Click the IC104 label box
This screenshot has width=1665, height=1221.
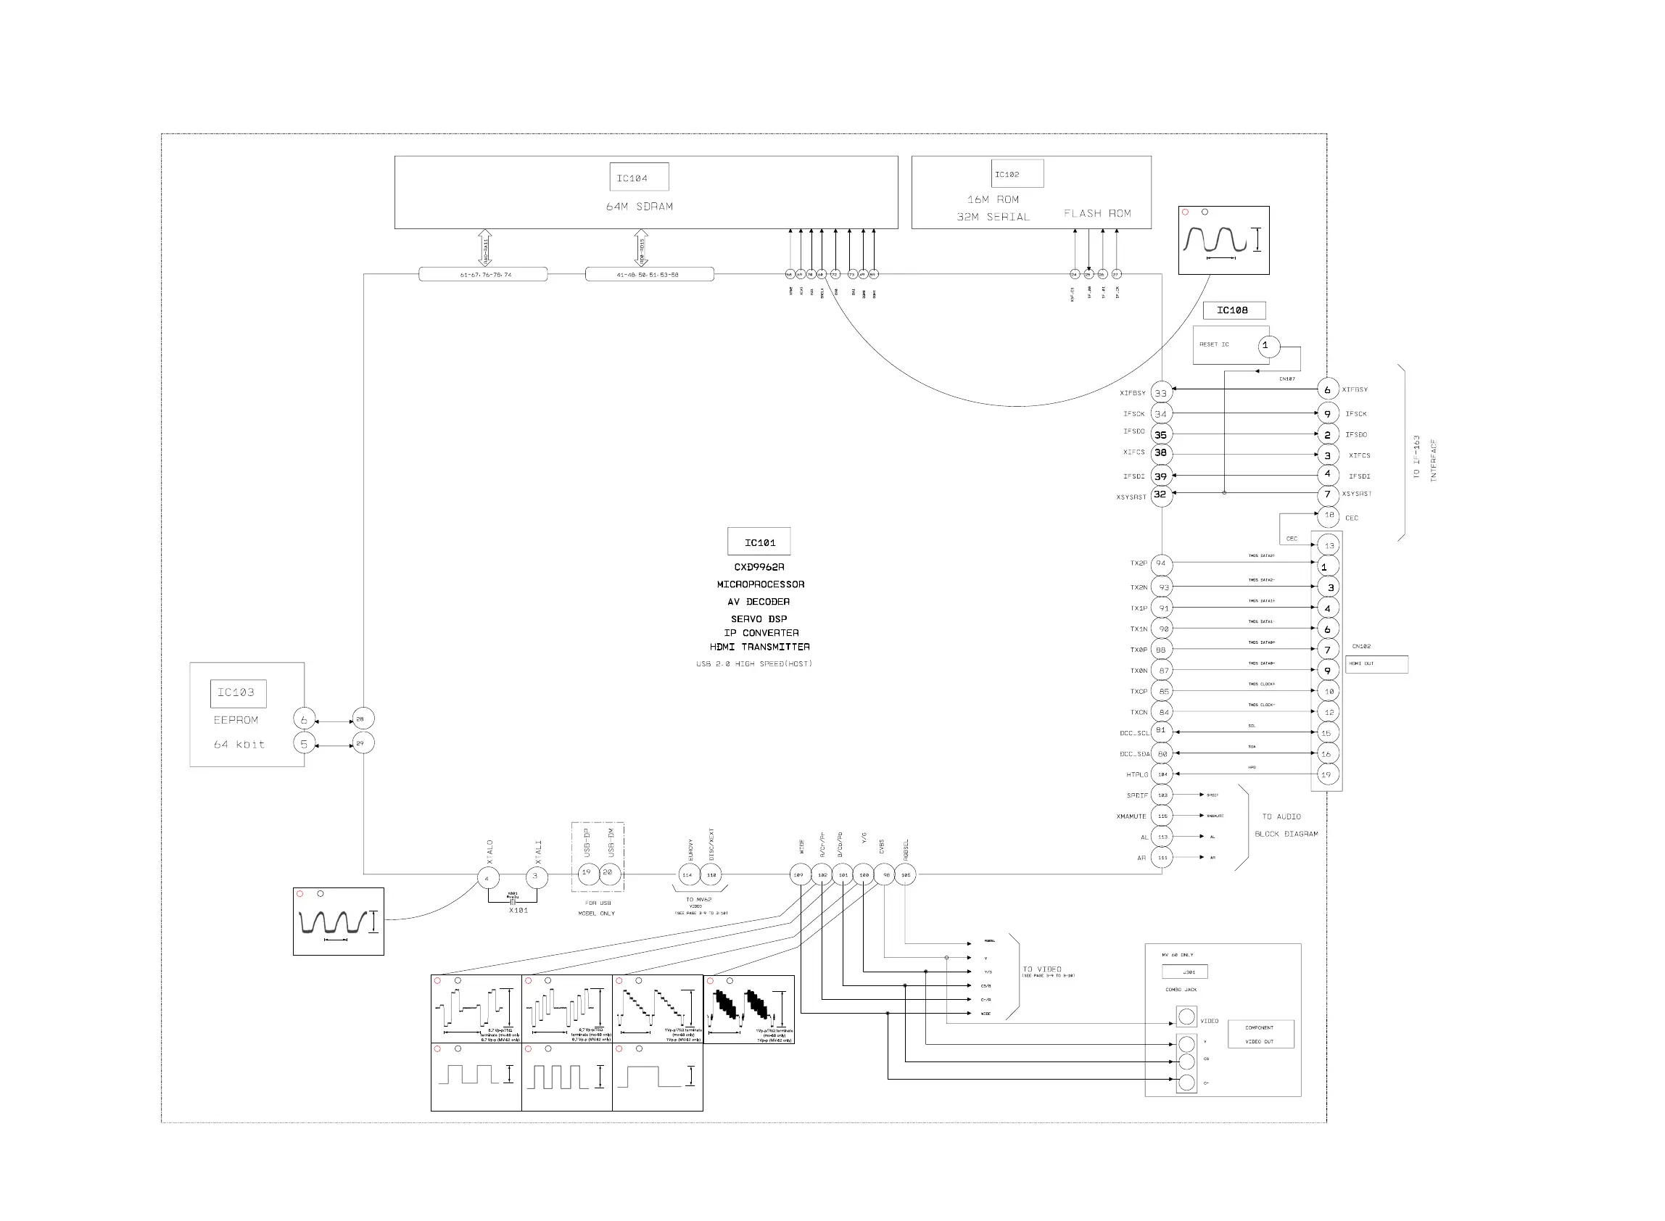(x=638, y=178)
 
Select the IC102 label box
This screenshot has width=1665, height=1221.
(x=1016, y=174)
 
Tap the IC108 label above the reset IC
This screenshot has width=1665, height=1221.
(x=1234, y=310)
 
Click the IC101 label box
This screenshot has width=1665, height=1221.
(x=759, y=542)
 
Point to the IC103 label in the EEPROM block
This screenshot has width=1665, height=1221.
(x=237, y=692)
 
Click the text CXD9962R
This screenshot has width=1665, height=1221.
(x=759, y=567)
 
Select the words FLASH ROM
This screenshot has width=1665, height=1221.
(x=1096, y=214)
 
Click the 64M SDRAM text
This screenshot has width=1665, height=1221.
(x=640, y=206)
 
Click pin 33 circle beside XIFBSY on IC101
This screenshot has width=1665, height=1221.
(x=1161, y=392)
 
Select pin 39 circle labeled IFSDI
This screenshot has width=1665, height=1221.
(x=1161, y=476)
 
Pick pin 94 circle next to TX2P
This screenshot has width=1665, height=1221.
(x=1161, y=563)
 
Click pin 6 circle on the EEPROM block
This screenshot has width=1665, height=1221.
(x=304, y=719)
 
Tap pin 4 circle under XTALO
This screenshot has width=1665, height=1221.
(x=487, y=878)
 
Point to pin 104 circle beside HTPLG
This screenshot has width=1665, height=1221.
(x=1162, y=774)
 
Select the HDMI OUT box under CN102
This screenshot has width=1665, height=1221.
(x=1376, y=663)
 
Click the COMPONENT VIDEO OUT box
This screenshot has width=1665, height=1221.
(x=1260, y=1034)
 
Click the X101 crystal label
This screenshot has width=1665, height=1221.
(x=518, y=911)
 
